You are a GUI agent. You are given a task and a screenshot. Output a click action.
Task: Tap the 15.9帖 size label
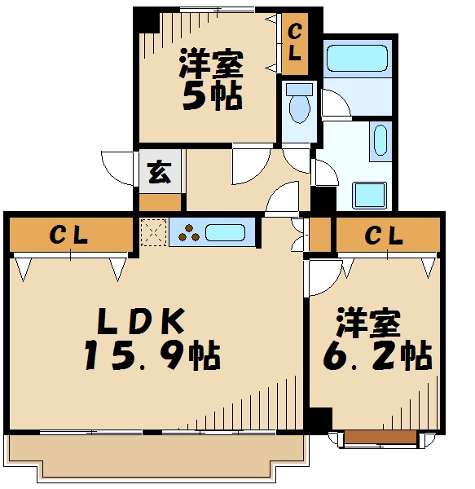(152, 355)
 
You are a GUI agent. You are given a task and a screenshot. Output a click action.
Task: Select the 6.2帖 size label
(377, 355)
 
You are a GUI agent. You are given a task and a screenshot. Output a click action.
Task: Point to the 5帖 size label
(210, 96)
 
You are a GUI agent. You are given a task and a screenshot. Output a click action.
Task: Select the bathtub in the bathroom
(356, 59)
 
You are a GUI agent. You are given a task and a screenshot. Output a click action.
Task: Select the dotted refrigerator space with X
(152, 231)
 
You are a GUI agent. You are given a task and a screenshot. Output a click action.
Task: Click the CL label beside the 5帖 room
(294, 43)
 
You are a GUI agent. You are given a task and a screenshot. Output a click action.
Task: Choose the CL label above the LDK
(69, 236)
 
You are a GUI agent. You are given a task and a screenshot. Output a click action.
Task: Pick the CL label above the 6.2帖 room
(383, 236)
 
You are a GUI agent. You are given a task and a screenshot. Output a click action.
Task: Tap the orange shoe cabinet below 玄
(160, 200)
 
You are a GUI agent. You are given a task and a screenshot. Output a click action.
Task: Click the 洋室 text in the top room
(209, 62)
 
